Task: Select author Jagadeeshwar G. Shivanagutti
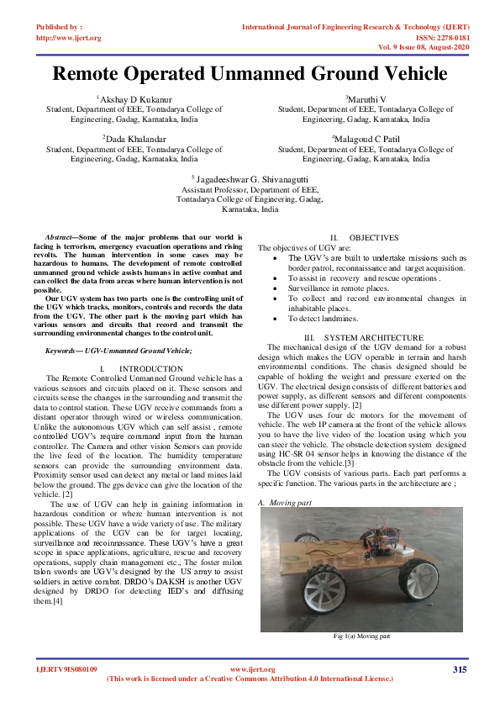pos(250,178)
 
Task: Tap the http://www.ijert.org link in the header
pos(69,38)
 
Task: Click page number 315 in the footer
pos(459,669)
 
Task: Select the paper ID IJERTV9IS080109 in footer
pos(66,669)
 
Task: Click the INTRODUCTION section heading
pos(150,368)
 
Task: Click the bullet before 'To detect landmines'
pos(279,319)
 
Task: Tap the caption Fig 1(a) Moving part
pos(361,637)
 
